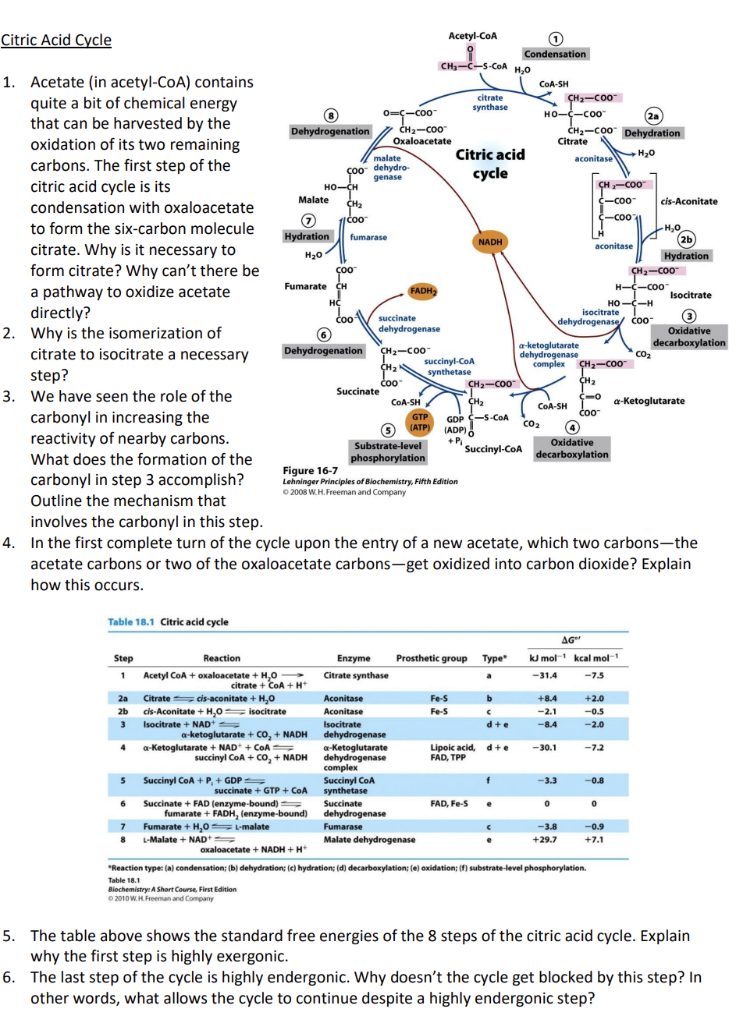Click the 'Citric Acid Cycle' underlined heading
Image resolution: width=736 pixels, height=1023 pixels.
[x=56, y=40]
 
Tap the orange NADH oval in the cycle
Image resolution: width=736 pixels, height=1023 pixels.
[x=490, y=242]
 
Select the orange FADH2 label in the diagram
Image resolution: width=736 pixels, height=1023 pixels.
[x=422, y=291]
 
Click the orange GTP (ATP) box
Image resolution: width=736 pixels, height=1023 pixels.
[x=420, y=423]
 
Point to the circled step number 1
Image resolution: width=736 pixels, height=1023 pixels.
[x=555, y=40]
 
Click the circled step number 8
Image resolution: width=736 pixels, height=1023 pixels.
[x=331, y=116]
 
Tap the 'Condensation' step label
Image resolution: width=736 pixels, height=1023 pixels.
[x=555, y=54]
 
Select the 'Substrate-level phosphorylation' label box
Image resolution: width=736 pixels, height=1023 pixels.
[x=388, y=452]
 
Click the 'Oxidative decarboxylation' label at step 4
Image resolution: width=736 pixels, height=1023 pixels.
[x=572, y=448]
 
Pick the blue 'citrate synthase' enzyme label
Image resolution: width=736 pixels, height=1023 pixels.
[x=490, y=103]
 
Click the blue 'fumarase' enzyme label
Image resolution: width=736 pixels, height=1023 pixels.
[x=368, y=237]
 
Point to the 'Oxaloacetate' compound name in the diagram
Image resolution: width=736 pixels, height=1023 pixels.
[x=421, y=141]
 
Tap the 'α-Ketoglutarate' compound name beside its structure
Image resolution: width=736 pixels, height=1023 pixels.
[x=649, y=401]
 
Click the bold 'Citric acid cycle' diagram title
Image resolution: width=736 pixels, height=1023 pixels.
[x=490, y=164]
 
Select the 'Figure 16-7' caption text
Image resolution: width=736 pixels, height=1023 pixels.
[x=311, y=470]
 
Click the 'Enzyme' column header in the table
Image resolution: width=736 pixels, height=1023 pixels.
[x=354, y=658]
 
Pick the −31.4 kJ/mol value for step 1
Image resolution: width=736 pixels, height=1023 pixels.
[x=546, y=675]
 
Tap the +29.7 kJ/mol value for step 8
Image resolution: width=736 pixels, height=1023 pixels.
[x=545, y=840]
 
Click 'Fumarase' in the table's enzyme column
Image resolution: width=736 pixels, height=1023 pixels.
[x=343, y=827]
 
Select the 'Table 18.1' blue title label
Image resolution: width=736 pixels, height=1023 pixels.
[x=131, y=621]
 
